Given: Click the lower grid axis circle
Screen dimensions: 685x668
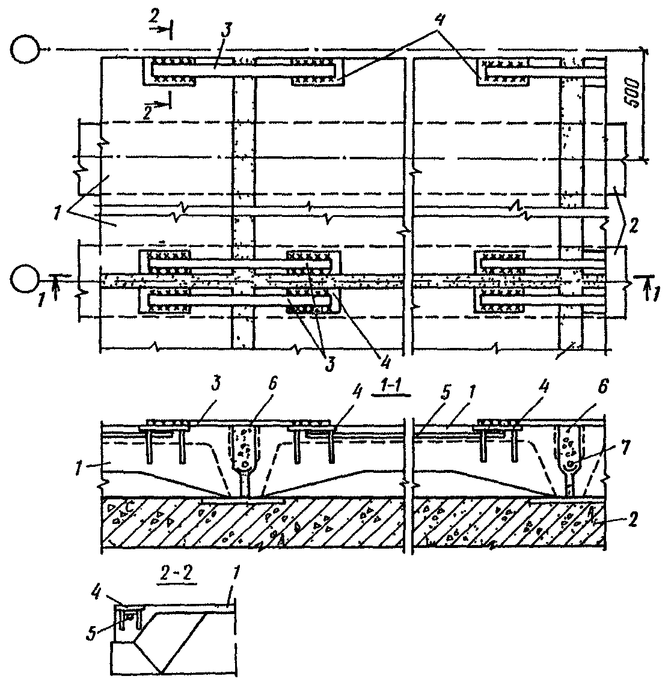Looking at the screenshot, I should pos(25,281).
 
